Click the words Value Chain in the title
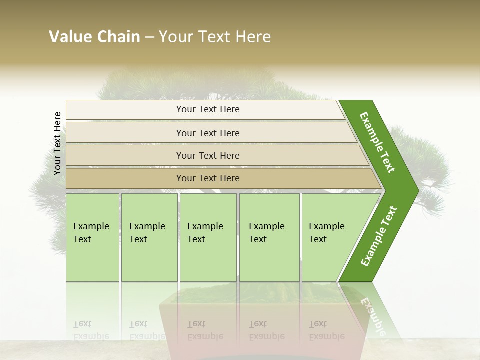(x=94, y=37)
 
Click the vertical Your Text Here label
(x=57, y=143)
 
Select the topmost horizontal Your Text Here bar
(x=208, y=109)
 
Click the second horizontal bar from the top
(x=208, y=133)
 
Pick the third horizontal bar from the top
(x=208, y=155)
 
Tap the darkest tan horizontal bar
(x=208, y=178)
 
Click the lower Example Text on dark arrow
(x=379, y=236)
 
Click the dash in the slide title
(x=149, y=37)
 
